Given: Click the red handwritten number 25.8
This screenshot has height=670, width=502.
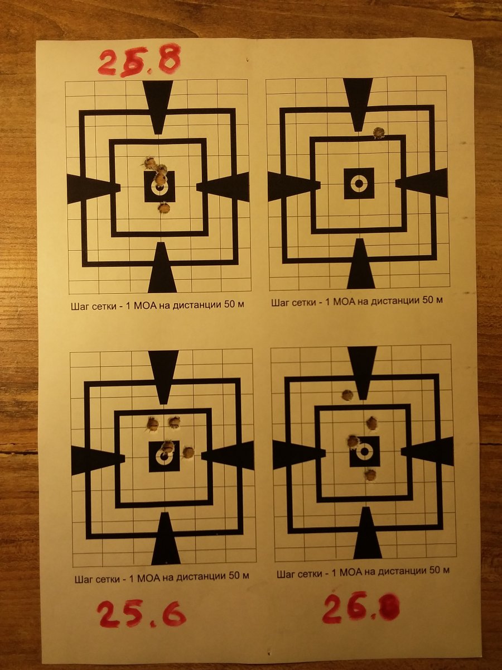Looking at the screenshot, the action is [x=140, y=63].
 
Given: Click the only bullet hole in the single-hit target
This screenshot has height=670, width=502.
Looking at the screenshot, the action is [x=379, y=133].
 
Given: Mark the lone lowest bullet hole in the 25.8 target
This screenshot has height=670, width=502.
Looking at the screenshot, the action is [x=164, y=208].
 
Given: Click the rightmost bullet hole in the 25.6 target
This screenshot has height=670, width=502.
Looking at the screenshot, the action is [x=189, y=452].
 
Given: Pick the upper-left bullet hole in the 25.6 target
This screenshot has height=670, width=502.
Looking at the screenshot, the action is [x=152, y=424].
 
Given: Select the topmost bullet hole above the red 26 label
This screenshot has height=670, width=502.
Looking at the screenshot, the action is [x=347, y=395].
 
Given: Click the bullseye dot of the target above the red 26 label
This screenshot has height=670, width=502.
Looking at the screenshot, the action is [x=365, y=452].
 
